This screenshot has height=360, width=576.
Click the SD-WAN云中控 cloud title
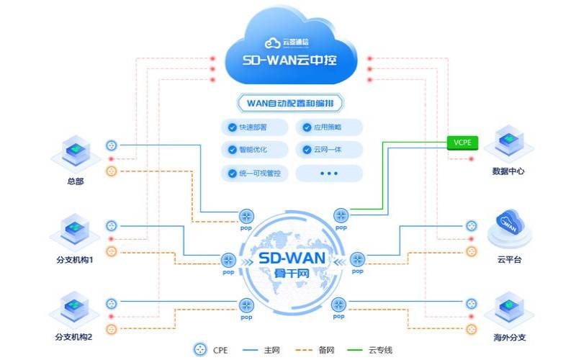pyautogui.click(x=292, y=58)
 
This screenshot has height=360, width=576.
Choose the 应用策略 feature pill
pyautogui.click(x=328, y=127)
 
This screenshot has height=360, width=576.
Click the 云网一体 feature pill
pyautogui.click(x=328, y=150)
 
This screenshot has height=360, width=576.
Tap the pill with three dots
pyautogui.click(x=328, y=174)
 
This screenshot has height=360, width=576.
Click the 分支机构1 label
pyautogui.click(x=74, y=260)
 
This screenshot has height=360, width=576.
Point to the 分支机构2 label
pyautogui.click(x=74, y=337)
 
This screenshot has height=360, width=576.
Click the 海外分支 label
pyautogui.click(x=511, y=336)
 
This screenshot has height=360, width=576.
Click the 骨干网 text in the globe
pyautogui.click(x=291, y=274)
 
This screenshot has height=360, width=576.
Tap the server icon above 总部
pyautogui.click(x=73, y=151)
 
